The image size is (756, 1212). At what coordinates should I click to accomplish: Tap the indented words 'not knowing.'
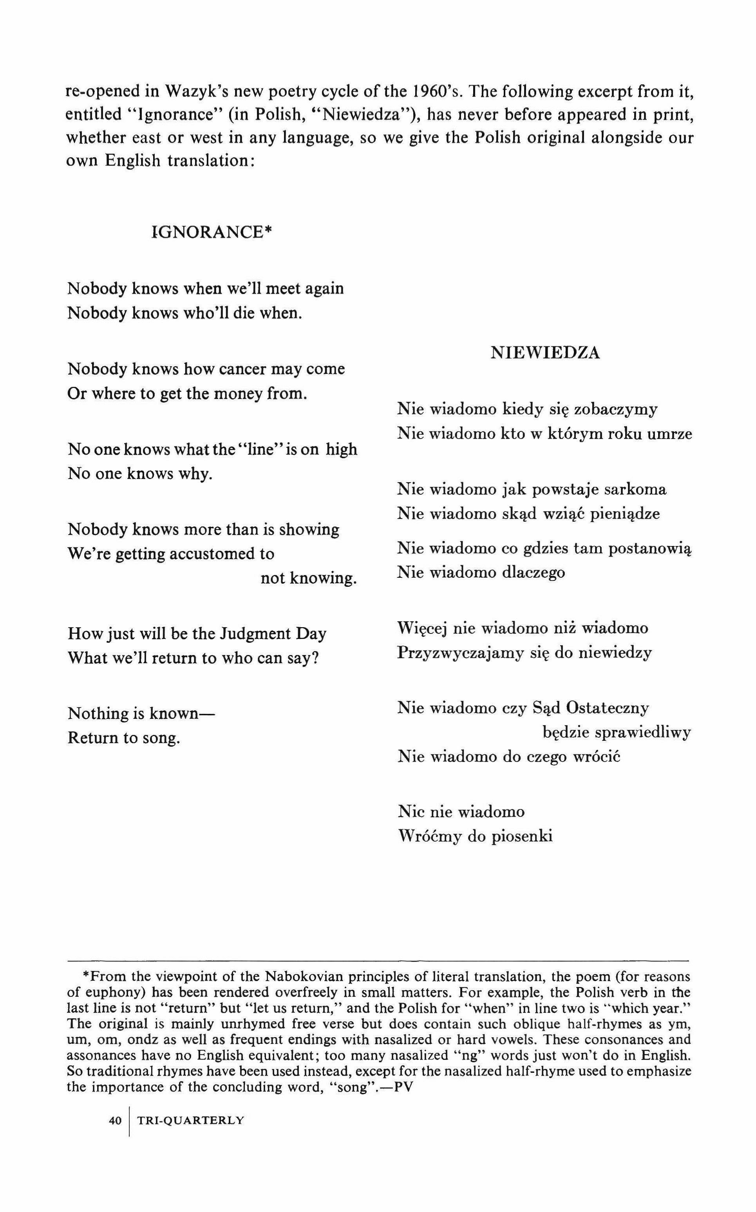tap(309, 578)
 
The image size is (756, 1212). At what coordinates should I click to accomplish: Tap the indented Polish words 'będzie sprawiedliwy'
tap(617, 733)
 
